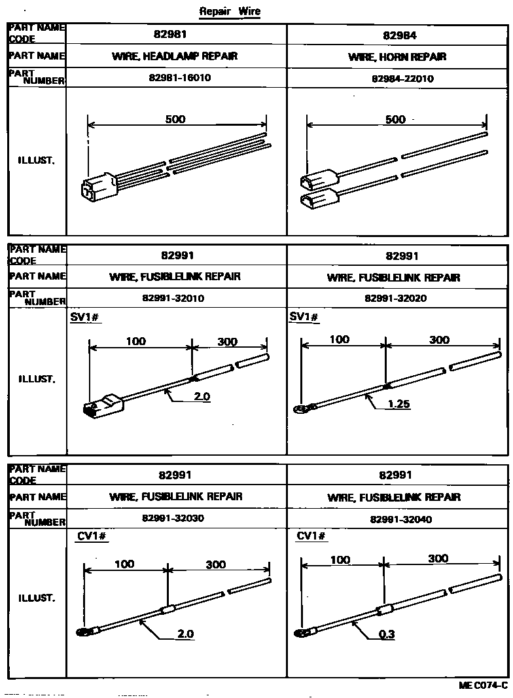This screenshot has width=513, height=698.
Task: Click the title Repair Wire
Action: tap(230, 11)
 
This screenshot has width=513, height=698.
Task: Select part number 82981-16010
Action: tap(180, 77)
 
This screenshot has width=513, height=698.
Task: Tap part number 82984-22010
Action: tap(402, 79)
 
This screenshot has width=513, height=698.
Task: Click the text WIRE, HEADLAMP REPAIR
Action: tap(175, 56)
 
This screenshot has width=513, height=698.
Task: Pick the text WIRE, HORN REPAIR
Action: tap(397, 57)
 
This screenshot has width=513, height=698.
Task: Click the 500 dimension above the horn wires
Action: tap(395, 119)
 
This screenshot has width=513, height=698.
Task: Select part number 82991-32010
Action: tap(173, 298)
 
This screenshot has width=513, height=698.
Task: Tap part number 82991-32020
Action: tap(395, 298)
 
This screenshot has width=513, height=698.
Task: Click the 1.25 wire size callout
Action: tap(398, 404)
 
